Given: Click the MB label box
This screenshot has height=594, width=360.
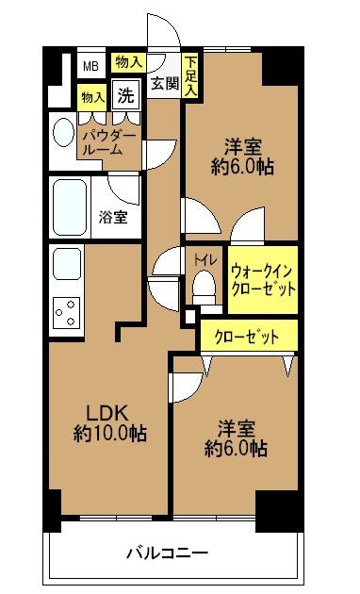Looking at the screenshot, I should pyautogui.click(x=90, y=66).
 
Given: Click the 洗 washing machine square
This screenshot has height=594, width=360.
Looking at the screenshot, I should pyautogui.click(x=124, y=94).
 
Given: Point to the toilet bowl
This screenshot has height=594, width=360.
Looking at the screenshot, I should pyautogui.click(x=204, y=285).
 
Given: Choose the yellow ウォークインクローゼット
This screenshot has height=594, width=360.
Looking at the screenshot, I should pyautogui.click(x=262, y=279).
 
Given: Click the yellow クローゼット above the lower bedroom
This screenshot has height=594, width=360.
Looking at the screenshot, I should pyautogui.click(x=248, y=337).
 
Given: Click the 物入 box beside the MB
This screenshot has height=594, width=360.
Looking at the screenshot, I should pyautogui.click(x=128, y=62).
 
